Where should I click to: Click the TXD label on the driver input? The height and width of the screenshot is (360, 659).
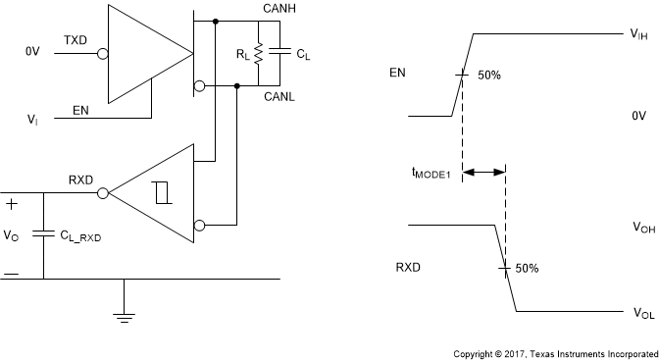coord(76,40)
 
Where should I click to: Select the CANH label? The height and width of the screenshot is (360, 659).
coord(281,8)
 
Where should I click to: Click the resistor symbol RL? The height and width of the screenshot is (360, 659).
coord(258,54)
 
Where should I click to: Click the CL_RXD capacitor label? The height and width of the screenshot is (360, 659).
coord(81,234)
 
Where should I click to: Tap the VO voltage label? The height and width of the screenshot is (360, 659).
coord(12,235)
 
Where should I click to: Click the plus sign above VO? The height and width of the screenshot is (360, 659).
coord(11,204)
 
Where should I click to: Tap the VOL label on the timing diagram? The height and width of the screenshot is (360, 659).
coord(642,314)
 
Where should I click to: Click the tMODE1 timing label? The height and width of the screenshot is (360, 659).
coord(430,173)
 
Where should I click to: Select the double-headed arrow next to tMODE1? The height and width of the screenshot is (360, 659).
coord(482,173)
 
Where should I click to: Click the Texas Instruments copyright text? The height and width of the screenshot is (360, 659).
coord(554,351)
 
